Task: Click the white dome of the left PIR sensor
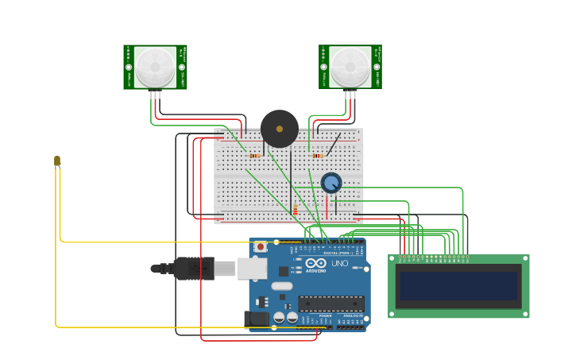point(155,67)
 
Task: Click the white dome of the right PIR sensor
point(350,67)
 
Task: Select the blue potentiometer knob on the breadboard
point(331,184)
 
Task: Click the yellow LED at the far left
point(57,161)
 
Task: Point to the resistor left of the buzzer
point(254,156)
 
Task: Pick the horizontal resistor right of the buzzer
point(317,156)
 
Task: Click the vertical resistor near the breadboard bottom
point(295,210)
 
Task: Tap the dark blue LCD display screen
point(458,286)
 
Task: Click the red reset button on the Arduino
point(260,247)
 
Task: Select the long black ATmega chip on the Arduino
point(331,304)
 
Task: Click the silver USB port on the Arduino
point(252,269)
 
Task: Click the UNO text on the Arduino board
point(339,263)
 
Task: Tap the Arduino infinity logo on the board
point(315,263)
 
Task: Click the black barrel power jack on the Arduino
point(257,319)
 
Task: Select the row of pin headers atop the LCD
point(433,257)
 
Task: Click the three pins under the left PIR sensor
point(155,95)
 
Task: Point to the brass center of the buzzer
point(280,129)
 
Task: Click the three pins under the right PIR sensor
point(350,95)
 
